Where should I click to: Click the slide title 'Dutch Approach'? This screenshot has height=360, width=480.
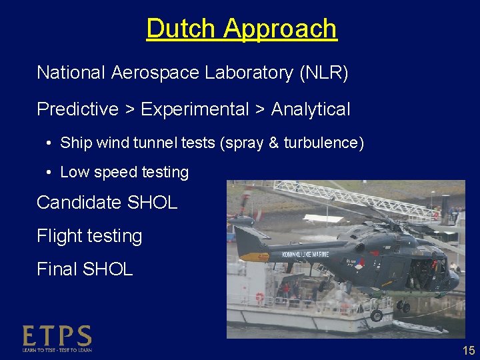tap(241, 29)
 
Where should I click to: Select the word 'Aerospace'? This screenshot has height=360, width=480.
tap(155, 73)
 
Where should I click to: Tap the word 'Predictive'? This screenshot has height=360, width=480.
tap(77, 109)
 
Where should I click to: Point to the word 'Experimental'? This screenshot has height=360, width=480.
tap(195, 109)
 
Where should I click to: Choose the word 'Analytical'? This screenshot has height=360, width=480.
tap(310, 109)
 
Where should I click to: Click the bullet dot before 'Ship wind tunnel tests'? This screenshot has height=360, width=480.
tap(50, 143)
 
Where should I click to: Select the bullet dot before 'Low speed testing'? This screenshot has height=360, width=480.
tap(50, 173)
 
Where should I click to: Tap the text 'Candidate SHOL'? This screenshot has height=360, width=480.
tap(107, 203)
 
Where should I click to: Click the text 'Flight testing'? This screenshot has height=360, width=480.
tap(89, 236)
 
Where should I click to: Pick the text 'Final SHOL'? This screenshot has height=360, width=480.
tap(85, 269)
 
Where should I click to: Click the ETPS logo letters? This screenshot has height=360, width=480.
tap(57, 336)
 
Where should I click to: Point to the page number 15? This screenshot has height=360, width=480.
tap(469, 351)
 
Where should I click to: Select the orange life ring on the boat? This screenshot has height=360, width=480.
tap(259, 297)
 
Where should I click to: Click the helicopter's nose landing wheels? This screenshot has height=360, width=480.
tap(404, 306)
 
